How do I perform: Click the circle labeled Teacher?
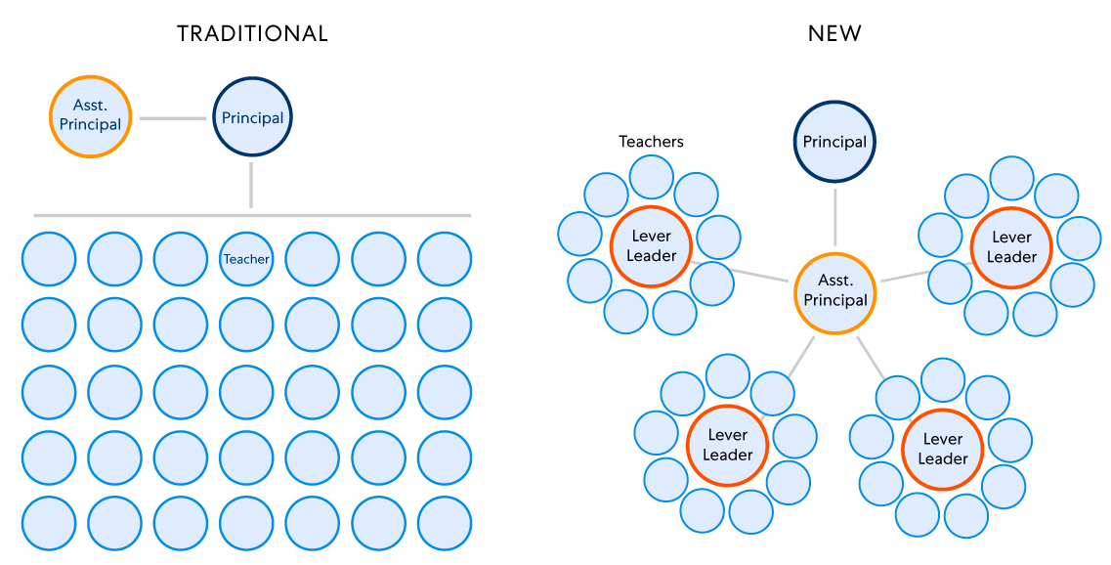(246, 259)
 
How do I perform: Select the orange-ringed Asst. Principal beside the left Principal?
(90, 116)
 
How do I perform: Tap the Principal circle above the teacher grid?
(252, 117)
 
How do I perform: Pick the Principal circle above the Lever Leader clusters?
(834, 143)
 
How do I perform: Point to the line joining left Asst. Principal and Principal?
(172, 118)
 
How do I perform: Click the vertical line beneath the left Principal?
(251, 185)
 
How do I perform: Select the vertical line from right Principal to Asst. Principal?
(835, 217)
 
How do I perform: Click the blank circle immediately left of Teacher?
(181, 259)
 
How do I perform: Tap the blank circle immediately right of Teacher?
(313, 259)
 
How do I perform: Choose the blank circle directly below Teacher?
(246, 325)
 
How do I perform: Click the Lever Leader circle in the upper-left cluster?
(652, 246)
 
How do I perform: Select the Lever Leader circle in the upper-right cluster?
(1011, 247)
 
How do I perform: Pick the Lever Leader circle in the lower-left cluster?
(727, 445)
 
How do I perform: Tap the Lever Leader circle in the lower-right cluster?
(942, 449)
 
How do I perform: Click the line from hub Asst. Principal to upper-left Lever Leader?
(743, 272)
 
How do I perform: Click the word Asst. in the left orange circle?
(89, 106)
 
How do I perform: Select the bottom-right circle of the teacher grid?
(445, 523)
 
